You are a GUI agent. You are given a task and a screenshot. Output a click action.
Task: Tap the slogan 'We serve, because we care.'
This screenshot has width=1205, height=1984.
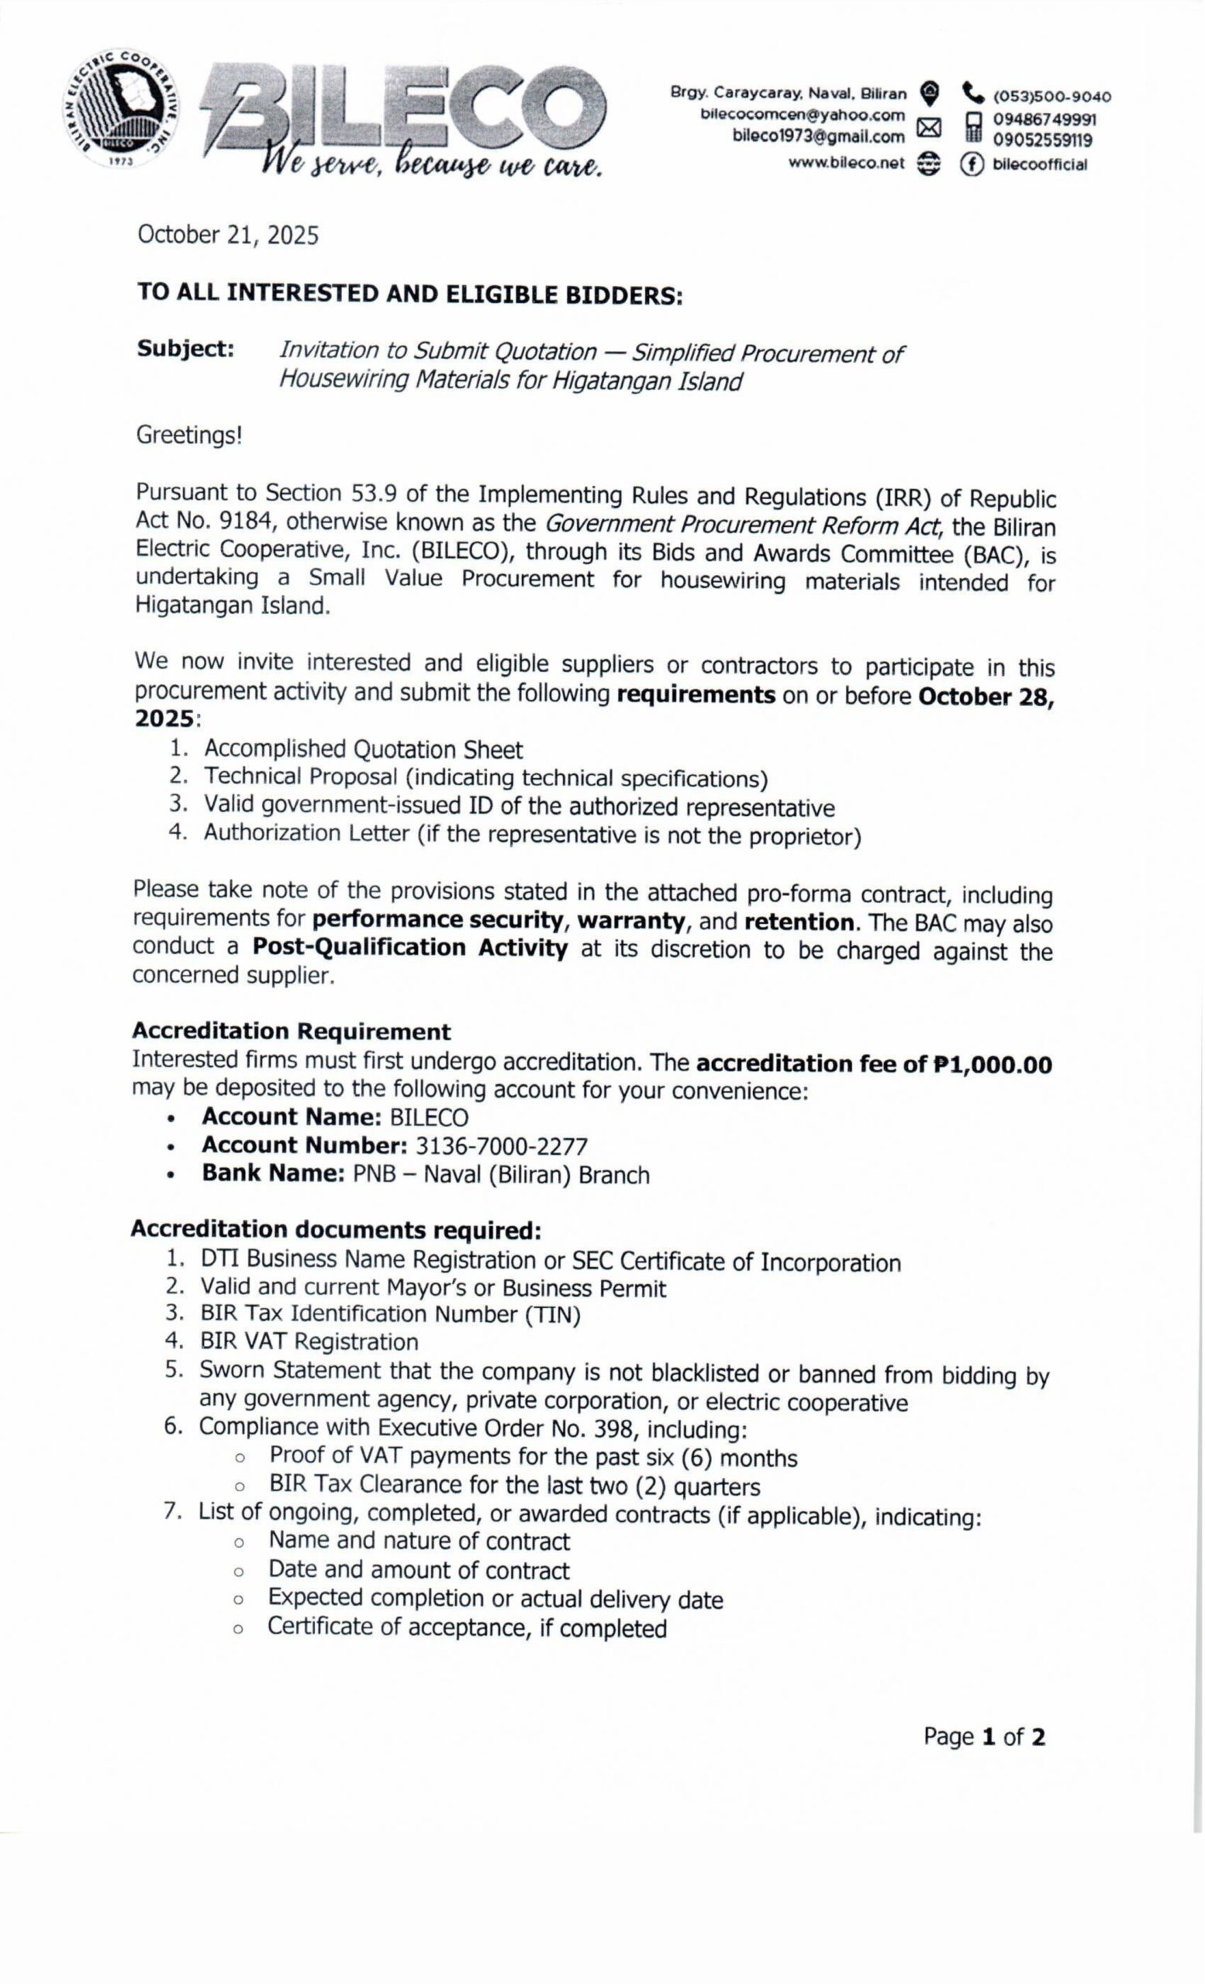(430, 165)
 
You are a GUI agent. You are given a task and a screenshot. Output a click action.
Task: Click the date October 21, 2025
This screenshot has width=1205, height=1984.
(228, 235)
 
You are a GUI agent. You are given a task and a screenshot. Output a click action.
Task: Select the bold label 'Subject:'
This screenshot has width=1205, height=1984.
(185, 349)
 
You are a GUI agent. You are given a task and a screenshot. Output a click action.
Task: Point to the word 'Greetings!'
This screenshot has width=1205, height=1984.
(188, 436)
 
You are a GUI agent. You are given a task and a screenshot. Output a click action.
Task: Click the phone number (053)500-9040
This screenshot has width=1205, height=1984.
(1052, 98)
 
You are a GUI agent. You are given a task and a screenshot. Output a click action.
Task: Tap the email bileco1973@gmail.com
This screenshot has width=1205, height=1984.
(818, 137)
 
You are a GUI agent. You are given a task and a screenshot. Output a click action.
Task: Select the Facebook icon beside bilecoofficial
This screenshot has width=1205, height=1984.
(972, 164)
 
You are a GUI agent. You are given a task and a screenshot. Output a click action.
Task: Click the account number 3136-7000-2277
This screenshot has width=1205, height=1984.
(501, 1145)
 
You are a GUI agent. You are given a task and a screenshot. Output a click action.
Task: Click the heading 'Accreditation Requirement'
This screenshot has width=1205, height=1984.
(292, 1032)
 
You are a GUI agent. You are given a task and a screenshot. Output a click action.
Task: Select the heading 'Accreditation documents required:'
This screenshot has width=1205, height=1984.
(335, 1229)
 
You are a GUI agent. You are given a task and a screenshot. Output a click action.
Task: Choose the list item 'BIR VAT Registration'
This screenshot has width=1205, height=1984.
(309, 1342)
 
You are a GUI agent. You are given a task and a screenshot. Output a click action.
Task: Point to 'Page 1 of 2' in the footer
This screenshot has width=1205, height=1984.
(984, 1737)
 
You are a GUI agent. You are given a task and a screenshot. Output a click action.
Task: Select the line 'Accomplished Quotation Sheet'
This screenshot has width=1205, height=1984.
(363, 749)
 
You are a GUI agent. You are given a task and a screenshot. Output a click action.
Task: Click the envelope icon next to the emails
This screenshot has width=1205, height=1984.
(931, 126)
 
